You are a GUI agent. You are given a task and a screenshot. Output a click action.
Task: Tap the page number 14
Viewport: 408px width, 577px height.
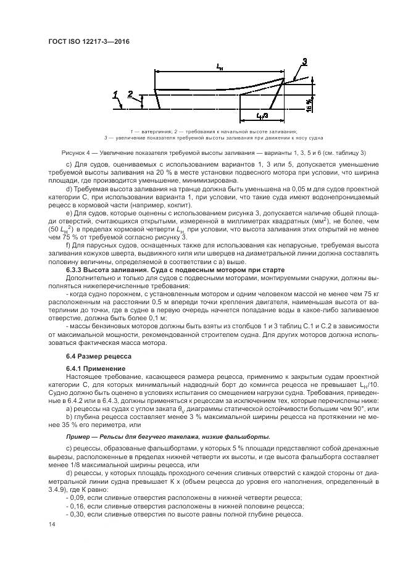(x=51, y=524)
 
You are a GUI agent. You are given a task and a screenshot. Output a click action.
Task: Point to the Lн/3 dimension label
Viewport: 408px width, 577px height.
(x=261, y=116)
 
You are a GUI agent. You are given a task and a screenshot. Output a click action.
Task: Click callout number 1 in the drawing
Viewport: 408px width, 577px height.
(x=115, y=94)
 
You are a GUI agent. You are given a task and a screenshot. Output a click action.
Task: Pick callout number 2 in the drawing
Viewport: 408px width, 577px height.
(x=130, y=94)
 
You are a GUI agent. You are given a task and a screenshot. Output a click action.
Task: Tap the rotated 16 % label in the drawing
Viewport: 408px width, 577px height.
(x=308, y=107)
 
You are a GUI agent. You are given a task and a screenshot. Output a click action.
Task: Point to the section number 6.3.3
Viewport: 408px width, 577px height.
(x=75, y=270)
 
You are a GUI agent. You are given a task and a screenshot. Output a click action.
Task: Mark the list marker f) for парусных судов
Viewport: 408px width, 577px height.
(x=68, y=246)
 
